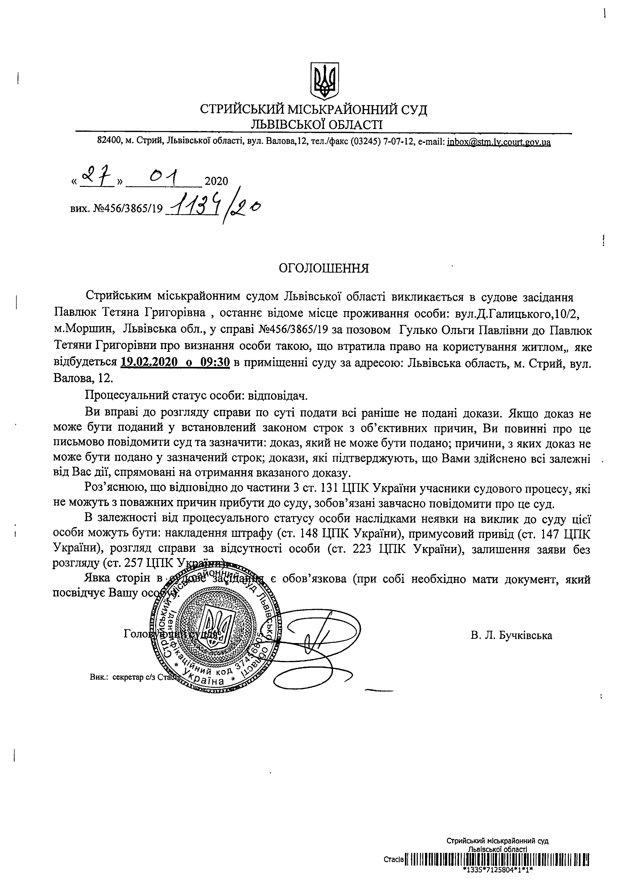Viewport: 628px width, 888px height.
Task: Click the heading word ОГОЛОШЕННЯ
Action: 324,268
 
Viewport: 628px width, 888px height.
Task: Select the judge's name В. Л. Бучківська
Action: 511,636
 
